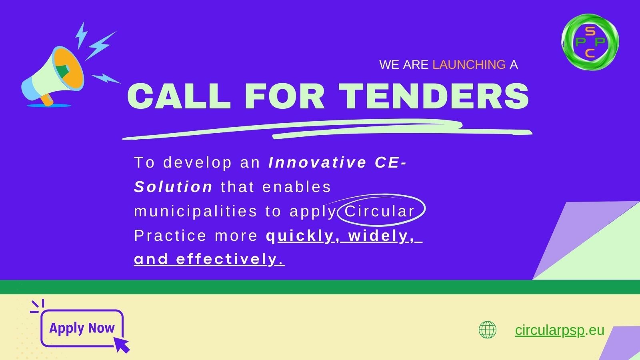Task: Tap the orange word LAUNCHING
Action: pyautogui.click(x=469, y=65)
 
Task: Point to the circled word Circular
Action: pyautogui.click(x=380, y=212)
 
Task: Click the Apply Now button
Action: pyautogui.click(x=82, y=328)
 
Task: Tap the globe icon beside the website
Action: pyautogui.click(x=488, y=330)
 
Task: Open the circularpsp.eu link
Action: pyautogui.click(x=560, y=330)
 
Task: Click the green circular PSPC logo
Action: pyautogui.click(x=590, y=42)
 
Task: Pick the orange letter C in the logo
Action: pyautogui.click(x=590, y=53)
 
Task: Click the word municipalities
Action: pyautogui.click(x=196, y=212)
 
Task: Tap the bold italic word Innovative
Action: pyautogui.click(x=318, y=162)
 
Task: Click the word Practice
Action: pyautogui.click(x=170, y=236)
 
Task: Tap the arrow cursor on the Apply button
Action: pyautogui.click(x=122, y=345)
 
